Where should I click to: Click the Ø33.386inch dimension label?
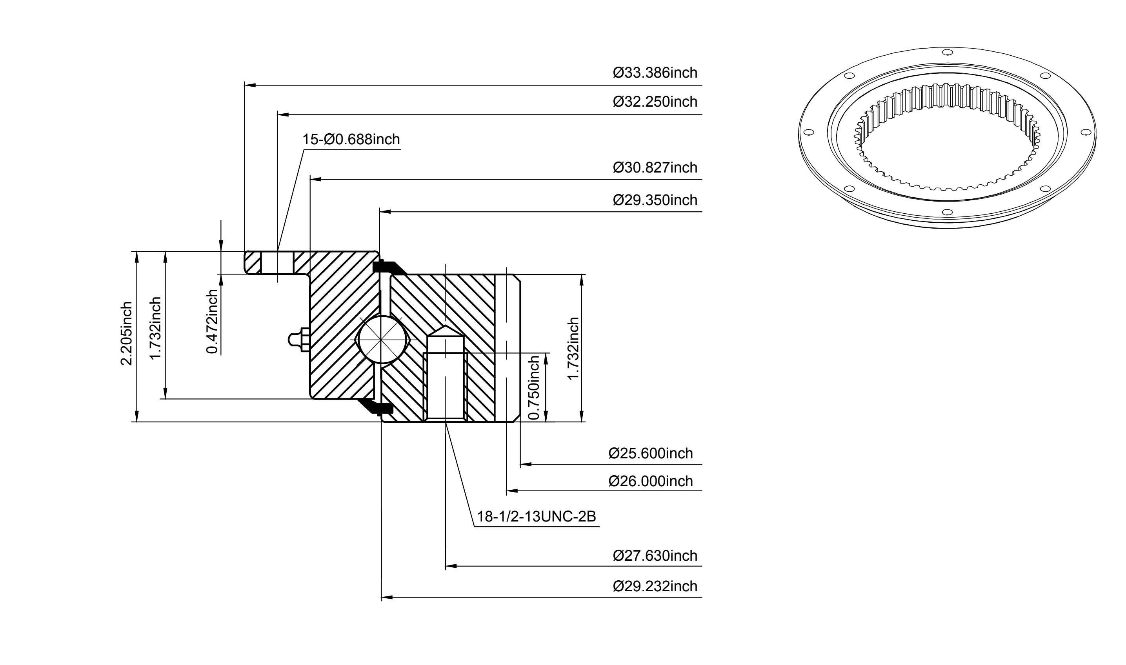pos(655,73)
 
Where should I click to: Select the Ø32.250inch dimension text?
pos(655,102)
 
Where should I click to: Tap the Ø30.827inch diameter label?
pos(655,167)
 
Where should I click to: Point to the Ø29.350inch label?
pos(655,200)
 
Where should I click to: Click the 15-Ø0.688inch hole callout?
pos(351,139)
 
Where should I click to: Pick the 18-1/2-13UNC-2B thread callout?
pos(536,517)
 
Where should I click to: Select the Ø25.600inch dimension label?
pos(650,454)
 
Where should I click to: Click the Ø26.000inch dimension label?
pos(650,481)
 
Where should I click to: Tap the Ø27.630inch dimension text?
pos(655,556)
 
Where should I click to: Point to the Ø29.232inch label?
pos(655,586)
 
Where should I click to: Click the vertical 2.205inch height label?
pos(126,333)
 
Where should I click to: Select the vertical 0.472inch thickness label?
pos(213,321)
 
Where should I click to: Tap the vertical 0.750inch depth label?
pos(535,388)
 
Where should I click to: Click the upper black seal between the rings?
pos(388,267)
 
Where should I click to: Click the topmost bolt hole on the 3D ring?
pos(947,53)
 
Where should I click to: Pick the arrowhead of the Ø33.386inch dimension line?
pos(250,85)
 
